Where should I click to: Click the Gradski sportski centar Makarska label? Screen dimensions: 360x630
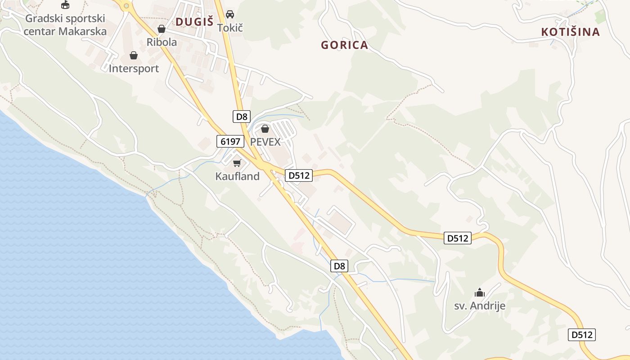(x=65, y=25)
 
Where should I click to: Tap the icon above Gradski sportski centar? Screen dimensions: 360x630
(x=65, y=5)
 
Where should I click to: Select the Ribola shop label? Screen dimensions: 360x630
(x=162, y=42)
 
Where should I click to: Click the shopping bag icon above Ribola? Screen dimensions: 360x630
(x=162, y=29)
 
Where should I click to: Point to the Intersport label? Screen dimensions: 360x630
(x=134, y=68)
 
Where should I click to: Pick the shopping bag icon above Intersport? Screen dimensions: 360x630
(x=134, y=55)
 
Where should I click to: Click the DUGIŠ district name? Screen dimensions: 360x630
(x=194, y=22)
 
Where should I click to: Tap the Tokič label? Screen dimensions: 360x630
(x=230, y=27)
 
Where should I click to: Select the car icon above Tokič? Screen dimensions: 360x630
(x=230, y=14)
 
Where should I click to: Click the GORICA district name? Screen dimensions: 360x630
(x=344, y=45)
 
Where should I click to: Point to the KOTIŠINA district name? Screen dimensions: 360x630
(x=571, y=32)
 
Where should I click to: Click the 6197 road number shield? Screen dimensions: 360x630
(x=230, y=141)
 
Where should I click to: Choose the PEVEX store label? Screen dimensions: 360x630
(x=265, y=142)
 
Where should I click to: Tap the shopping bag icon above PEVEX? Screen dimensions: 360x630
(x=265, y=129)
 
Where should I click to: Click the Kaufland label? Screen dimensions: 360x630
(x=237, y=176)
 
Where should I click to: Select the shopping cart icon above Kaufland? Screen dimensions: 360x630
(x=237, y=163)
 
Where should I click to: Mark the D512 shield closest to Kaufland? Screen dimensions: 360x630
(x=299, y=175)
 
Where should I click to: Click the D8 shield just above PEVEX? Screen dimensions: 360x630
(x=242, y=117)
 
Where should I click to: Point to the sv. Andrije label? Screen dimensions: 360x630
(x=479, y=306)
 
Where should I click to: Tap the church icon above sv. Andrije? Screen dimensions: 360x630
(x=480, y=293)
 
